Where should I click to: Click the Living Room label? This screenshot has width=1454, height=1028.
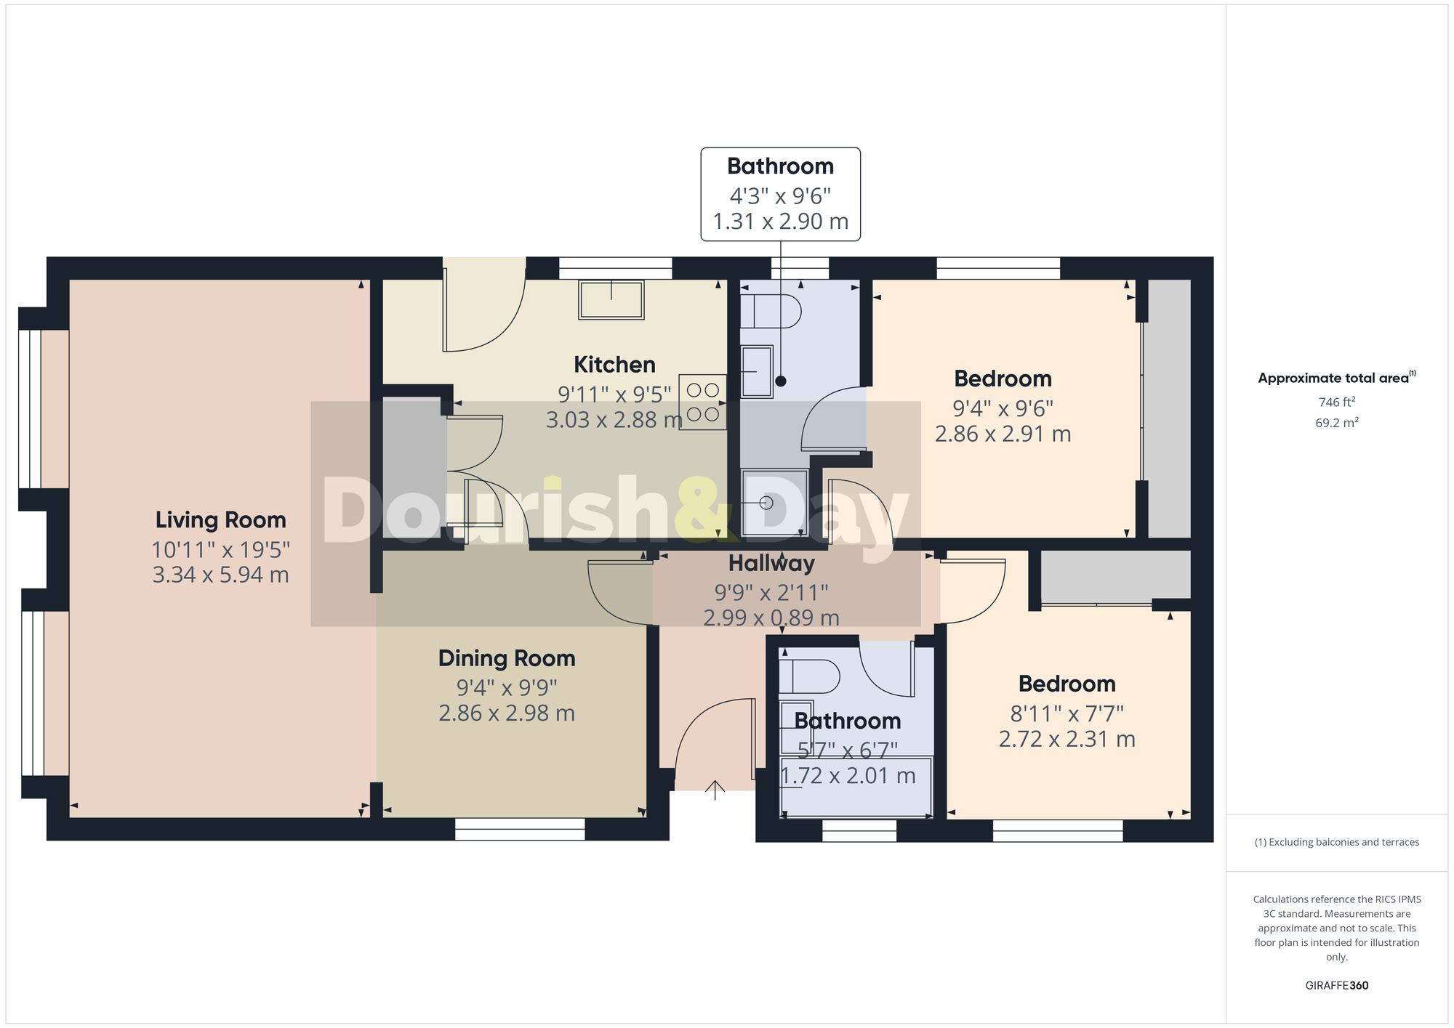pyautogui.click(x=220, y=520)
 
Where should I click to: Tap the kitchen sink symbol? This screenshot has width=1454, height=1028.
pyautogui.click(x=611, y=299)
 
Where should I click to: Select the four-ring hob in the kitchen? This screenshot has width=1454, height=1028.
pyautogui.click(x=702, y=402)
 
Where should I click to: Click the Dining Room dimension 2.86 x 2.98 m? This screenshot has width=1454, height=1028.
pyautogui.click(x=507, y=713)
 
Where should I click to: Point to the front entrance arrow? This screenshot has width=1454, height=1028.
pyautogui.click(x=715, y=790)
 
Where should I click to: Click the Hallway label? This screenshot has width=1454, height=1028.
pyautogui.click(x=771, y=564)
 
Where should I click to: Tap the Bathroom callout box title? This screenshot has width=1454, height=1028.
pyautogui.click(x=780, y=166)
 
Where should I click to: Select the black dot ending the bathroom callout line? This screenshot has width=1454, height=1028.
pyautogui.click(x=781, y=381)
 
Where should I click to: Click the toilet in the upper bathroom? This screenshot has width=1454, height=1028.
pyautogui.click(x=771, y=312)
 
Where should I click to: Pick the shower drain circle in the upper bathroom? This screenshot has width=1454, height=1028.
pyautogui.click(x=766, y=502)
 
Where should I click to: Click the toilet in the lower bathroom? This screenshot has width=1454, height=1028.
pyautogui.click(x=808, y=676)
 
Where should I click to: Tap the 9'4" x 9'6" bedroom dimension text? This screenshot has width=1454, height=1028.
pyautogui.click(x=1003, y=408)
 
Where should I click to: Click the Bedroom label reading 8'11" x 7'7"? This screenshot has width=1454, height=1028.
pyautogui.click(x=1067, y=684)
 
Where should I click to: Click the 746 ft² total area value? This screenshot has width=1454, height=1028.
pyautogui.click(x=1336, y=402)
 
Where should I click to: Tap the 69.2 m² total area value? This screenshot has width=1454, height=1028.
pyautogui.click(x=1336, y=423)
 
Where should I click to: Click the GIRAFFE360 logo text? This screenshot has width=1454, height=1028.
pyautogui.click(x=1336, y=985)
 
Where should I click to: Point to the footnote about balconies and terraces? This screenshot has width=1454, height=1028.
pyautogui.click(x=1336, y=842)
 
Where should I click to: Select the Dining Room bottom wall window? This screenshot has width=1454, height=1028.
pyautogui.click(x=520, y=829)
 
